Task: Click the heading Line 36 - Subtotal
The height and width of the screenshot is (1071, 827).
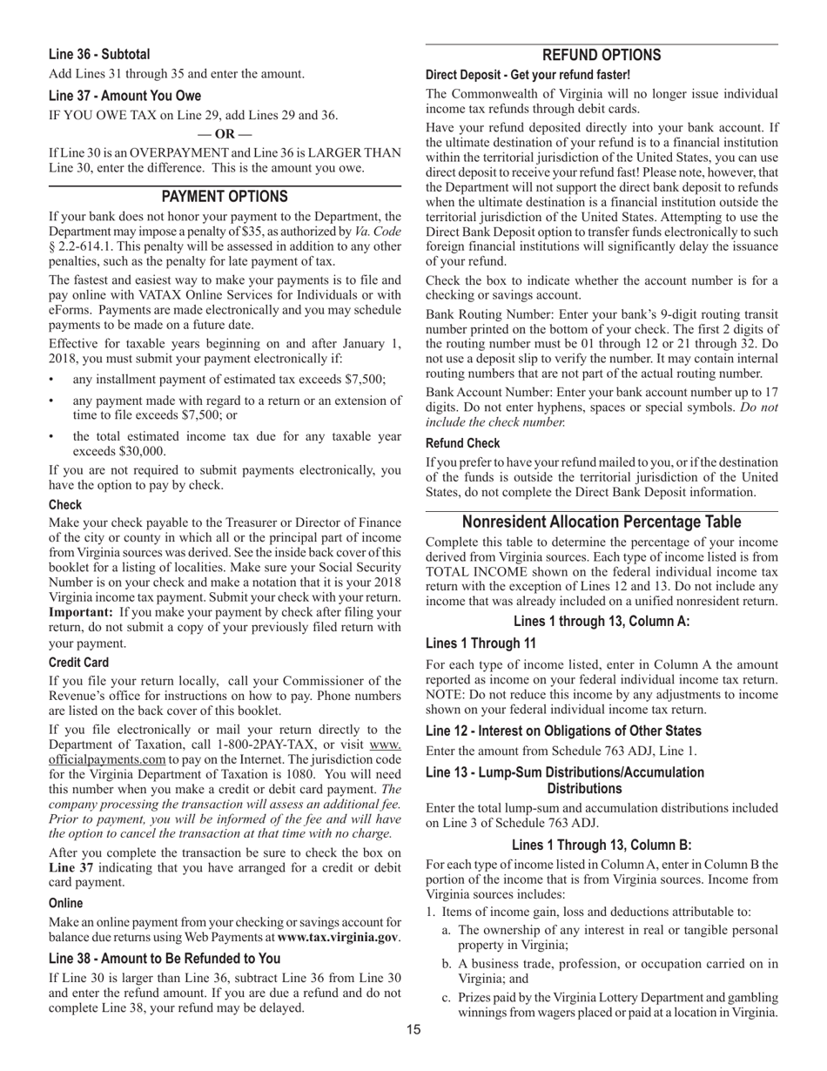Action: tap(99, 54)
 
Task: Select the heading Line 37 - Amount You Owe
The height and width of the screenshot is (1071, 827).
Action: tap(124, 96)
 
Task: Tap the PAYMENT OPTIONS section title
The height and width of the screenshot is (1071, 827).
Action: tap(225, 197)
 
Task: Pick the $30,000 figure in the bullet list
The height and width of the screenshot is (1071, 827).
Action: tap(139, 451)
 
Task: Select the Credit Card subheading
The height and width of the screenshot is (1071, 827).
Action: tap(78, 663)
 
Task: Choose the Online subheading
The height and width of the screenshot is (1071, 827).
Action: tap(66, 903)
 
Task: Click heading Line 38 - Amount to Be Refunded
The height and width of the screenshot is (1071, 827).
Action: tap(165, 958)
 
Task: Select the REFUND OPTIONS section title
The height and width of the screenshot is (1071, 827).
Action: tap(602, 55)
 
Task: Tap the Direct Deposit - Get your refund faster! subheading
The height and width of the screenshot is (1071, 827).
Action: tap(528, 76)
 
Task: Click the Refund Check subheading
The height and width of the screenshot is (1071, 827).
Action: tap(463, 443)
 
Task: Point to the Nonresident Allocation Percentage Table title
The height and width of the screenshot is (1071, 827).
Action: tap(602, 522)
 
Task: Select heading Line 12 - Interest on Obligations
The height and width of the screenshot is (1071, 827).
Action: tap(563, 731)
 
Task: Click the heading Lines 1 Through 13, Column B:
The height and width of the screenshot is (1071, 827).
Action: tap(602, 845)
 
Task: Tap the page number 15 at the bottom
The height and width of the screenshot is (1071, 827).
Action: tap(413, 1030)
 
